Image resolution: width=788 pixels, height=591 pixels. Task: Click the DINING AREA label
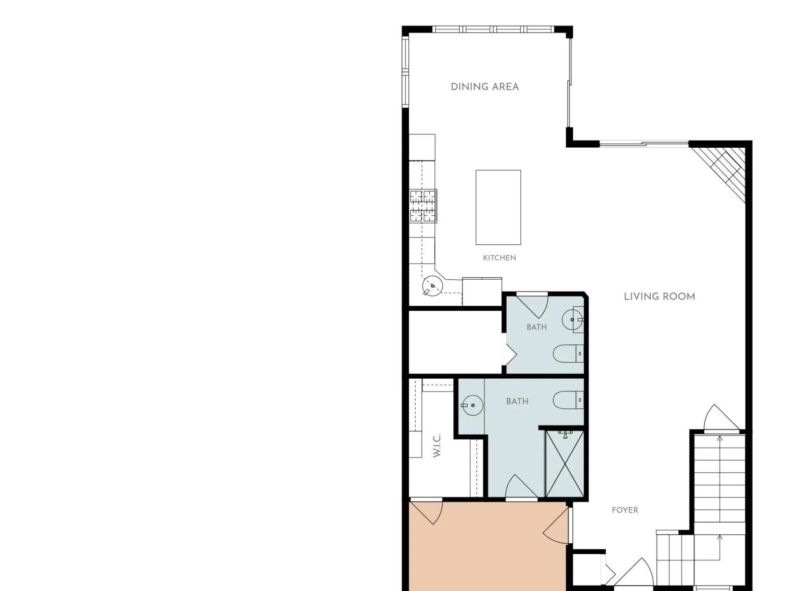click(484, 87)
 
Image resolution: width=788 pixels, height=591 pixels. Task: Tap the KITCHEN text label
click(499, 258)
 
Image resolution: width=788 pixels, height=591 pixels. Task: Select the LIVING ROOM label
click(659, 296)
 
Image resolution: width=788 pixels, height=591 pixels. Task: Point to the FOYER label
click(624, 510)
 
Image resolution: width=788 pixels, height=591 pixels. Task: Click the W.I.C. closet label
click(436, 445)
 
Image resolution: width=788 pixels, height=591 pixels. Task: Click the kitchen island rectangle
click(498, 207)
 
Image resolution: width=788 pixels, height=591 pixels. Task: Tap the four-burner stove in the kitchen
click(423, 206)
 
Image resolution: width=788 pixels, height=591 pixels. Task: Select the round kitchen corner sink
click(432, 286)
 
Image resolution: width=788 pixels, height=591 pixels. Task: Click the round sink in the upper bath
click(572, 319)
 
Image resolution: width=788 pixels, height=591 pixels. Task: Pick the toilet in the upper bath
click(568, 354)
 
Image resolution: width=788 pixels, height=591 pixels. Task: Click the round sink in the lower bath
click(472, 405)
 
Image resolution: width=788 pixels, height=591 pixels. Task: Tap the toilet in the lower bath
click(568, 400)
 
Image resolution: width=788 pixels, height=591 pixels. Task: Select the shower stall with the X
click(564, 463)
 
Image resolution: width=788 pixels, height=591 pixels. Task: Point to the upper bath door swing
click(532, 305)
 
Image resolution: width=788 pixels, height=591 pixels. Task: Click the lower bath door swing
click(521, 487)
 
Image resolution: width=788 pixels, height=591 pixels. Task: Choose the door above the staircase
click(721, 418)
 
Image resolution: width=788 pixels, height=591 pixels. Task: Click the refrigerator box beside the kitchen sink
click(482, 292)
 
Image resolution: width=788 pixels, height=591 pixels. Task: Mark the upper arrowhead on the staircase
click(720, 438)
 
